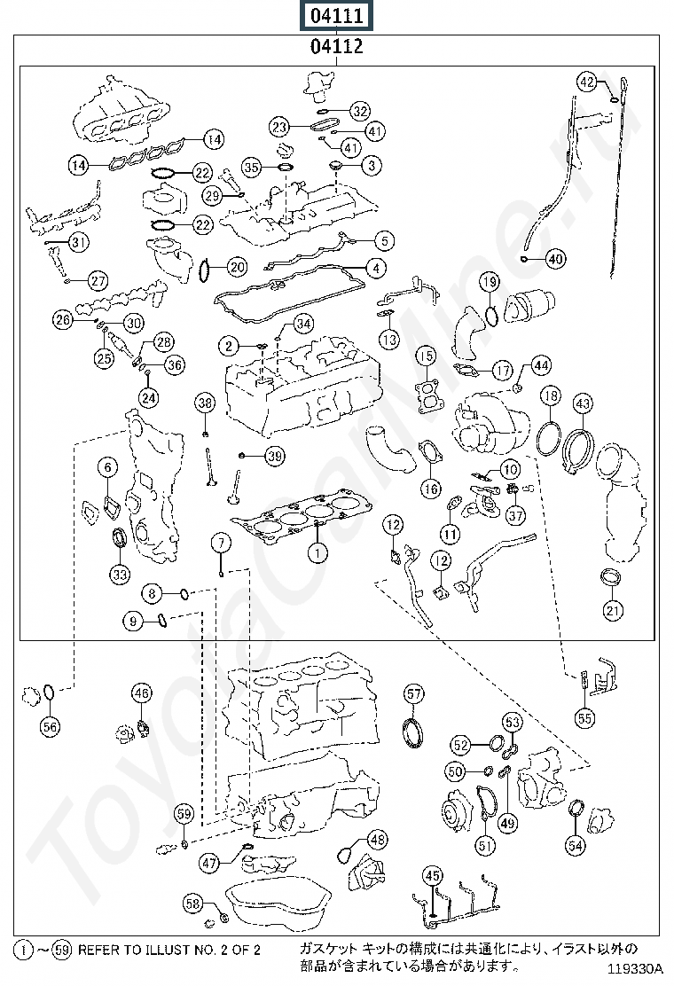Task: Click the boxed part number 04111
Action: click(x=337, y=15)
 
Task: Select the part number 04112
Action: click(x=337, y=46)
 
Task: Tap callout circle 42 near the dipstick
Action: click(x=586, y=82)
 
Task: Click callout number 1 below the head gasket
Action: click(x=318, y=552)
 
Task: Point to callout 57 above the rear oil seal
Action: click(x=413, y=694)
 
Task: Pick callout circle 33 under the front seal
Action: click(x=120, y=574)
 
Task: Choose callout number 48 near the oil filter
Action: click(x=377, y=840)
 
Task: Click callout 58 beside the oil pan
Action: click(x=193, y=904)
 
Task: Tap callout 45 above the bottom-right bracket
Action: click(x=433, y=876)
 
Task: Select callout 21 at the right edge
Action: click(x=613, y=609)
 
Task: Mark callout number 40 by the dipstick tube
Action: click(x=556, y=258)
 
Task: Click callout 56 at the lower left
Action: click(x=49, y=727)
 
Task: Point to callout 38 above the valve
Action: click(x=205, y=403)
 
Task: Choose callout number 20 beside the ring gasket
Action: click(x=237, y=267)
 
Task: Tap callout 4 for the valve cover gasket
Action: click(x=376, y=269)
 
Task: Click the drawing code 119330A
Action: click(x=635, y=967)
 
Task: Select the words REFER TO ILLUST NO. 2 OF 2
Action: click(x=169, y=950)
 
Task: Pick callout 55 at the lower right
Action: click(x=584, y=718)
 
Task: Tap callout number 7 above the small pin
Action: click(x=221, y=543)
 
